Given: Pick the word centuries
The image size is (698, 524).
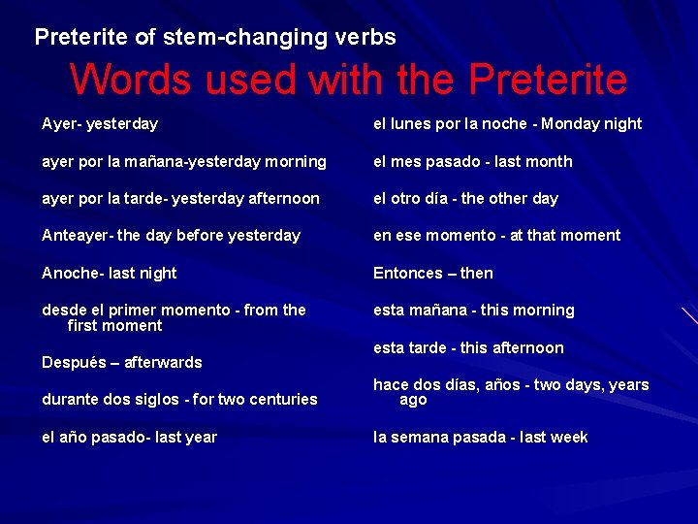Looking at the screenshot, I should tap(281, 400).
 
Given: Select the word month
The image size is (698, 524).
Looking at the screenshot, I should tap(550, 162).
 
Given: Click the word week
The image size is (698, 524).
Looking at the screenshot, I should tap(569, 438).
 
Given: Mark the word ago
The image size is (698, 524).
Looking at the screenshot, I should tap(413, 400).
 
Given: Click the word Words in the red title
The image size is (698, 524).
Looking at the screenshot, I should tap(136, 80).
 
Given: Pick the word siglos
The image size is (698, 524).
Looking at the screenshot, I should tap(153, 400).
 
